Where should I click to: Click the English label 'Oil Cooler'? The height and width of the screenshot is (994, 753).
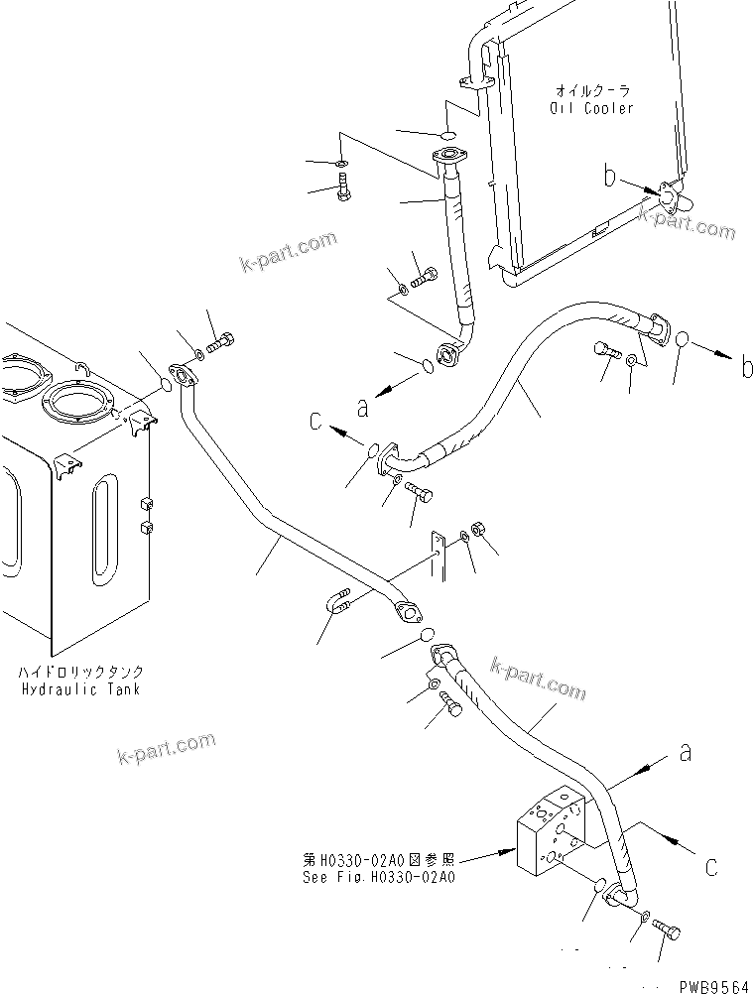point(592,108)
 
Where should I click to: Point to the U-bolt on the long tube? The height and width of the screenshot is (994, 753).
point(339,603)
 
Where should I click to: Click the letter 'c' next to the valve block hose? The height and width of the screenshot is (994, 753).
point(710,866)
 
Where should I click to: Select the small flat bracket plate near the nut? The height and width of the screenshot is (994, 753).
point(436,555)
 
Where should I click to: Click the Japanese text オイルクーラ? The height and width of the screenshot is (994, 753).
point(592,90)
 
